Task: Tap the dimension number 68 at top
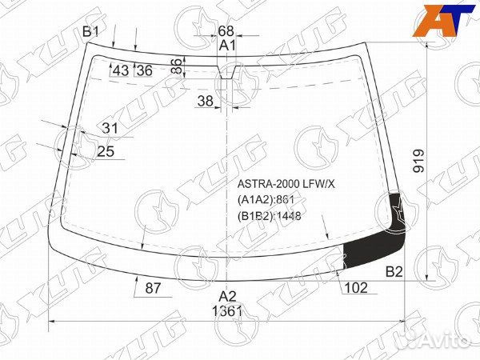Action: click(x=227, y=31)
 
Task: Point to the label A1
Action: click(x=228, y=46)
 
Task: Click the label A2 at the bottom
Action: click(x=228, y=296)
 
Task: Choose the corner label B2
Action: click(x=394, y=272)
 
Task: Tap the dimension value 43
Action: click(x=121, y=70)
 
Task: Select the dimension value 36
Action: click(x=144, y=70)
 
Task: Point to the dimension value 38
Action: click(x=206, y=101)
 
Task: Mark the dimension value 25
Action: click(x=106, y=151)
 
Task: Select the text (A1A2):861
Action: click(x=267, y=200)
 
